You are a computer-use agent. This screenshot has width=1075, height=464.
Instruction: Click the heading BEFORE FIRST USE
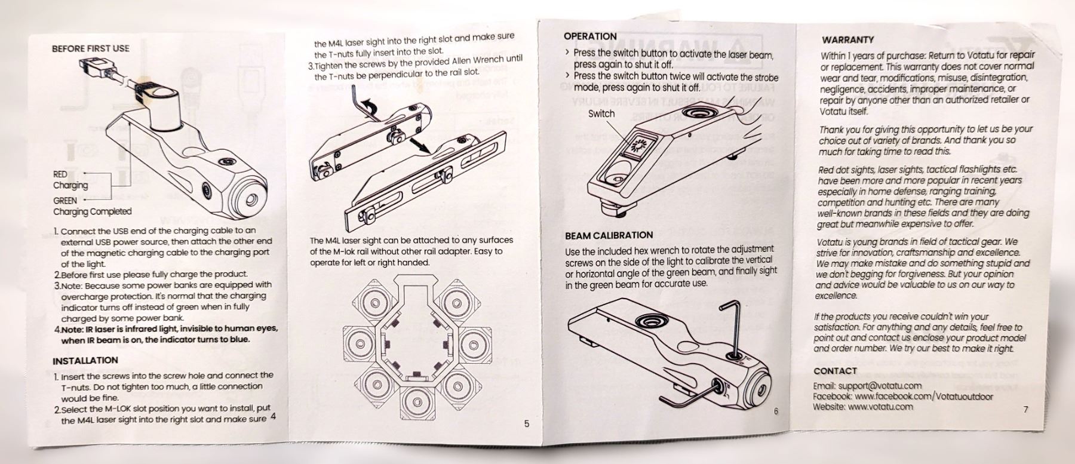point(90,48)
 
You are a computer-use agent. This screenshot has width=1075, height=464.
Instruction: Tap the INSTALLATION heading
point(85,361)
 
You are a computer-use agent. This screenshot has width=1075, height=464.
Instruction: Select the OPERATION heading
point(590,36)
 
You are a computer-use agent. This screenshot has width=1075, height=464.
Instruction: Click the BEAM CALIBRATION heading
point(609,235)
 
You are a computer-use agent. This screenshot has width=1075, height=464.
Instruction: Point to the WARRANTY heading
point(847,40)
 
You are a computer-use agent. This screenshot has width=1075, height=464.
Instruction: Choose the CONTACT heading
point(835,371)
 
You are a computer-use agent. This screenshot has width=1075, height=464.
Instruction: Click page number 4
point(273,417)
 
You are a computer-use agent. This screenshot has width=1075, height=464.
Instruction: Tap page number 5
point(526,423)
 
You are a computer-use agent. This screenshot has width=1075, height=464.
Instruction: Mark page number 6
point(776,411)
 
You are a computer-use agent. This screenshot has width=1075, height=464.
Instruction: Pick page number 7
point(1025,410)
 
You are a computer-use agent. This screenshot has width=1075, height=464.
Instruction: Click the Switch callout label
point(601,113)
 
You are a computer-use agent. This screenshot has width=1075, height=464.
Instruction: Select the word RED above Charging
point(60,174)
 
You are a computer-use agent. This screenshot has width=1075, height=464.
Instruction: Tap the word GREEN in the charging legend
point(65,201)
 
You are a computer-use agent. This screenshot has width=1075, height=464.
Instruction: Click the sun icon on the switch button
point(640,144)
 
